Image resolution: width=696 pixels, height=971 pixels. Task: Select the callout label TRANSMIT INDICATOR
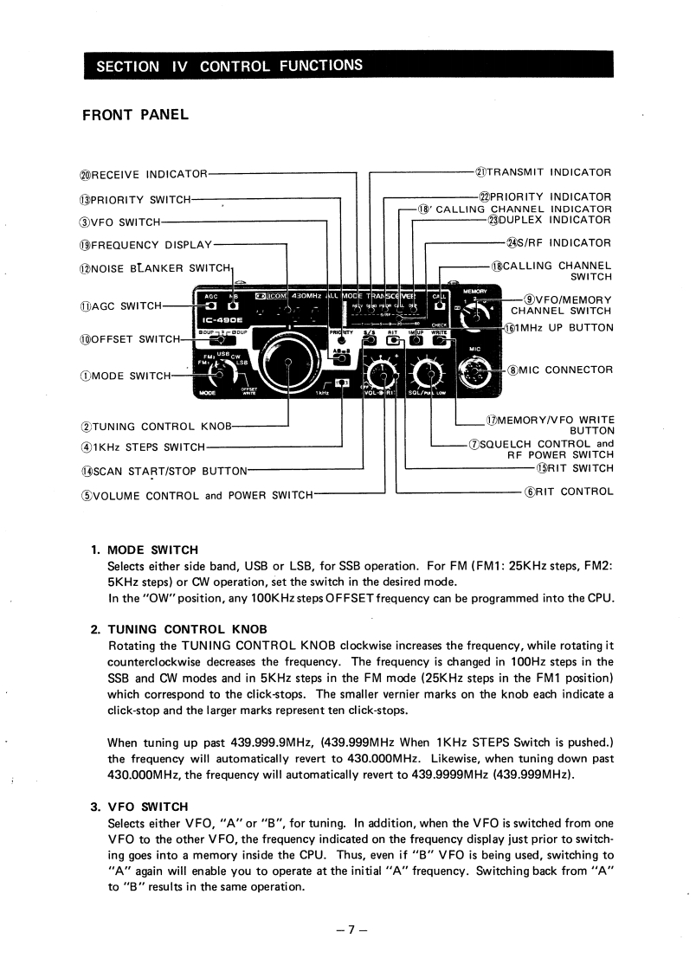(x=544, y=172)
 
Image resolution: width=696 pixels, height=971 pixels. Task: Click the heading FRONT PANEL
(x=134, y=114)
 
